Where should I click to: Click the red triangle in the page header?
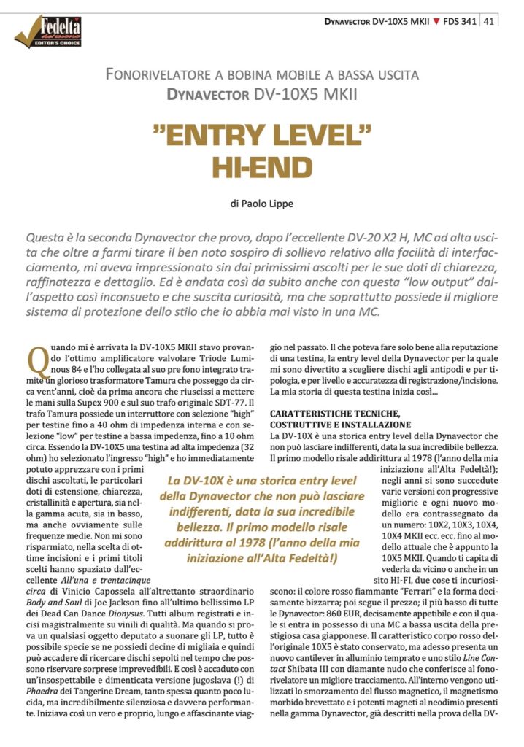click(x=436, y=21)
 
